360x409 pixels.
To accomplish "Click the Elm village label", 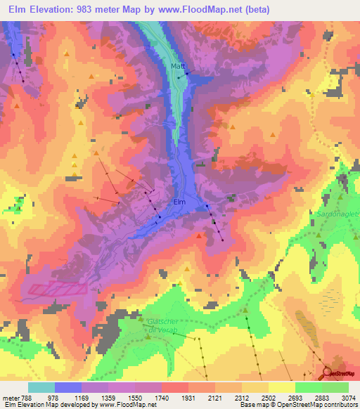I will point(179,202).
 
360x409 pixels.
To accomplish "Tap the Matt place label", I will point(177,67).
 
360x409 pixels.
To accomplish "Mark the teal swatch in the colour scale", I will point(41,387).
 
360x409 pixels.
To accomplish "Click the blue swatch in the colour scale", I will point(68,387).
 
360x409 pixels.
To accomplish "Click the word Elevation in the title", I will point(54,8).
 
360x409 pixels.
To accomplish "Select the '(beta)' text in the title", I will point(259,8).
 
